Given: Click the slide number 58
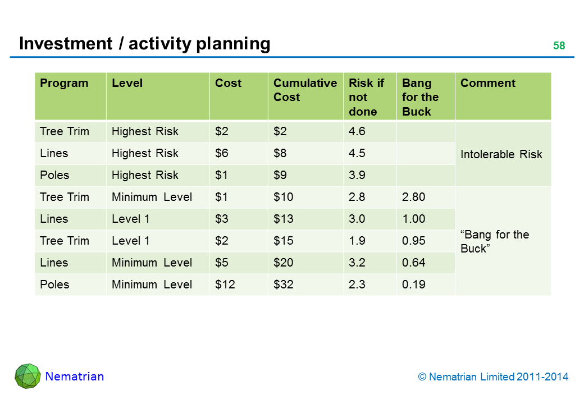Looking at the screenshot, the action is click(x=559, y=46).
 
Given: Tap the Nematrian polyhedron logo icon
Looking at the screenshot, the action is click(x=28, y=376).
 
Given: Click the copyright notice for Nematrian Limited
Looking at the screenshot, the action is click(x=493, y=377).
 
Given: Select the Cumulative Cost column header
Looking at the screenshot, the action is click(x=305, y=90).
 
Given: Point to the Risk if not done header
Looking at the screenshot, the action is click(x=366, y=97).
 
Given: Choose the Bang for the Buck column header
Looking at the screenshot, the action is click(x=420, y=97).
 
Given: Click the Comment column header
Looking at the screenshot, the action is click(x=488, y=83).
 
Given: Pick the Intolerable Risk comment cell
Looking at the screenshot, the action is click(x=501, y=154).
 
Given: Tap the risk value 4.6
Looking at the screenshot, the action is click(x=357, y=131).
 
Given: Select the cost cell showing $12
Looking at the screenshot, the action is click(x=225, y=284).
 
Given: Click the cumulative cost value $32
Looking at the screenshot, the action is click(x=284, y=284).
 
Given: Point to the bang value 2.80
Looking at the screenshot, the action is click(x=413, y=197).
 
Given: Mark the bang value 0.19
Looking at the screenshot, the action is click(x=413, y=284).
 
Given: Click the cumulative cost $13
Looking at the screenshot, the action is click(x=284, y=219).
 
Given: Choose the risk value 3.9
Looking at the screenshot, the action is click(x=357, y=175).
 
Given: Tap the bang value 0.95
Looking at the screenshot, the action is click(x=413, y=241).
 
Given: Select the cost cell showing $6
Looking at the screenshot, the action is click(x=222, y=153).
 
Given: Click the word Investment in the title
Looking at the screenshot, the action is click(x=66, y=44).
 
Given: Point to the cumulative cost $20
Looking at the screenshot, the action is click(x=284, y=263).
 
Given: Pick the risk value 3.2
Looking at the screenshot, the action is click(x=357, y=263).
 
